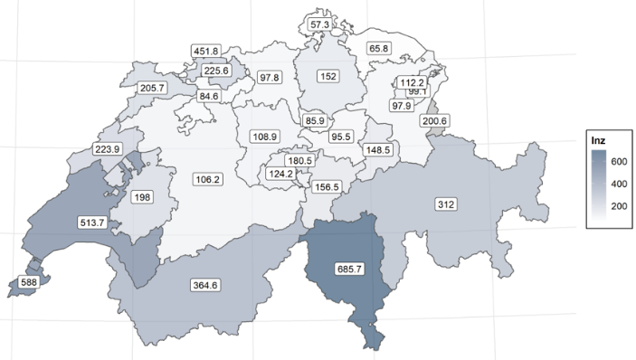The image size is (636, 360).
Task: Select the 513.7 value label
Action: coord(93,221)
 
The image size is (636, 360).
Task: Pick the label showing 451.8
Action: coord(207,52)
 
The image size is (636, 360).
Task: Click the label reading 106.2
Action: coord(207,179)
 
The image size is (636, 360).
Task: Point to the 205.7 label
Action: coord(154,88)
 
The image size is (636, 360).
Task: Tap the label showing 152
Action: coord(327,77)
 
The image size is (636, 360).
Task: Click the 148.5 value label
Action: coord(375,149)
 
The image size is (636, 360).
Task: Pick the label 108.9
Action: coord(264,136)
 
